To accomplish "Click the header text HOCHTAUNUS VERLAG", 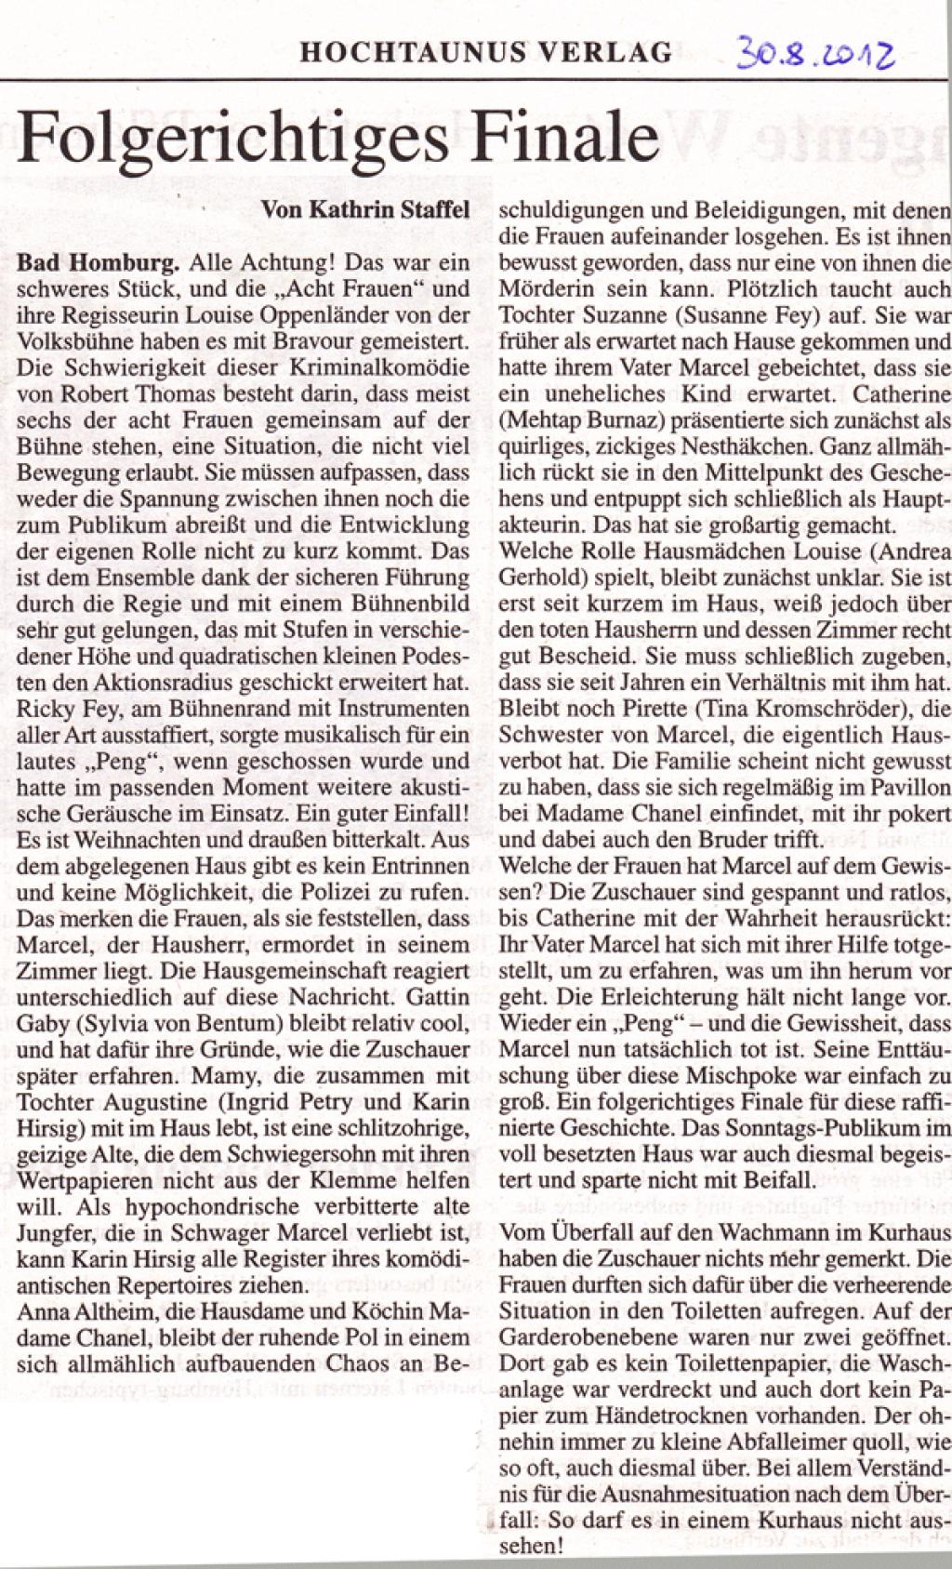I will (485, 52).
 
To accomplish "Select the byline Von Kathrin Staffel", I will (377, 211).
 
